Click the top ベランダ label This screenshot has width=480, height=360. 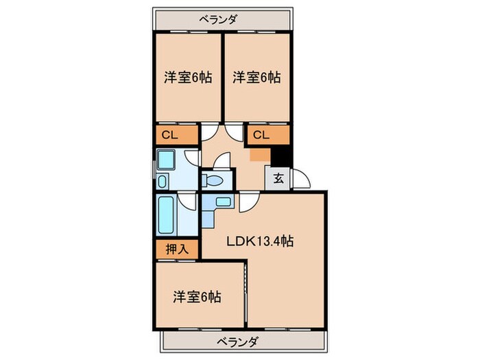pos(218,19)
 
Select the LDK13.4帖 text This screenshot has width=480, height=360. pos(261,241)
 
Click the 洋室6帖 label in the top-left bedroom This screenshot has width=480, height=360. pos(188,77)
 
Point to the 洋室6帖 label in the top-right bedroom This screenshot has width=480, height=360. pos(255,77)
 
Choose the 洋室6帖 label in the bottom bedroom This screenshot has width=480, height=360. pos(197,297)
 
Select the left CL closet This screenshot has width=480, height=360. pos(170,135)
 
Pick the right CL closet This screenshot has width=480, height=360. pos(261,135)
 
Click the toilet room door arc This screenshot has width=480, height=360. pos(223,164)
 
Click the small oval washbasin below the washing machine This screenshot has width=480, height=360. pos(161,182)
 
